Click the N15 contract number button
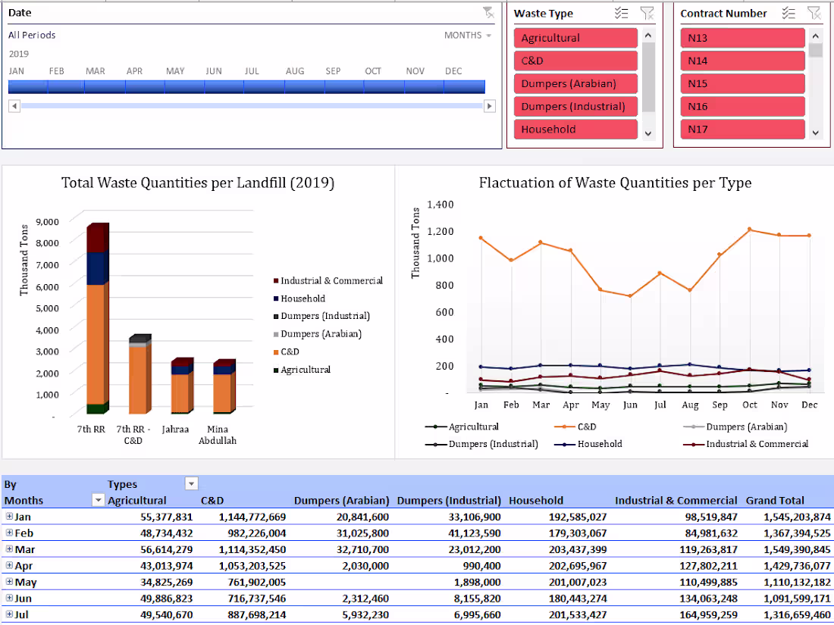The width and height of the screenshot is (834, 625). coord(742,83)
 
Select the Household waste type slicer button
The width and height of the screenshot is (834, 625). coord(575,129)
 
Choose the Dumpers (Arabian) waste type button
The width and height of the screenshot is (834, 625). coord(575,83)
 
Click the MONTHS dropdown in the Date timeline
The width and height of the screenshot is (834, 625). coord(468,36)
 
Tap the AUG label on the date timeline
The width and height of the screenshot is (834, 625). coord(295,71)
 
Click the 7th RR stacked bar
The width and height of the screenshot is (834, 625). coord(96,318)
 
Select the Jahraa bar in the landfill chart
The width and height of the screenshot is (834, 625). coord(180,386)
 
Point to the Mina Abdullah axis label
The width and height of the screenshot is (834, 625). coord(217,435)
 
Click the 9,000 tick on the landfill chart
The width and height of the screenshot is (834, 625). coord(46,222)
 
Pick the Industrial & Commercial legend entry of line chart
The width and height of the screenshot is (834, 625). coord(757,444)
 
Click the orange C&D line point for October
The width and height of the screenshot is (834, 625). coord(749,230)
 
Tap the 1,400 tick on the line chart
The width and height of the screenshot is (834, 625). coord(440,205)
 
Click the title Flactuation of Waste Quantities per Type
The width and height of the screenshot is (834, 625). coord(615,183)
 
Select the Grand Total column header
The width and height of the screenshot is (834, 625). coord(775,500)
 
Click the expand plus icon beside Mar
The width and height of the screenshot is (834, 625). coord(9,549)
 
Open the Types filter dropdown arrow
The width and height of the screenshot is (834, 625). coord(191,484)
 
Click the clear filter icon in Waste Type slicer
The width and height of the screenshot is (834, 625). coord(646,13)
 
